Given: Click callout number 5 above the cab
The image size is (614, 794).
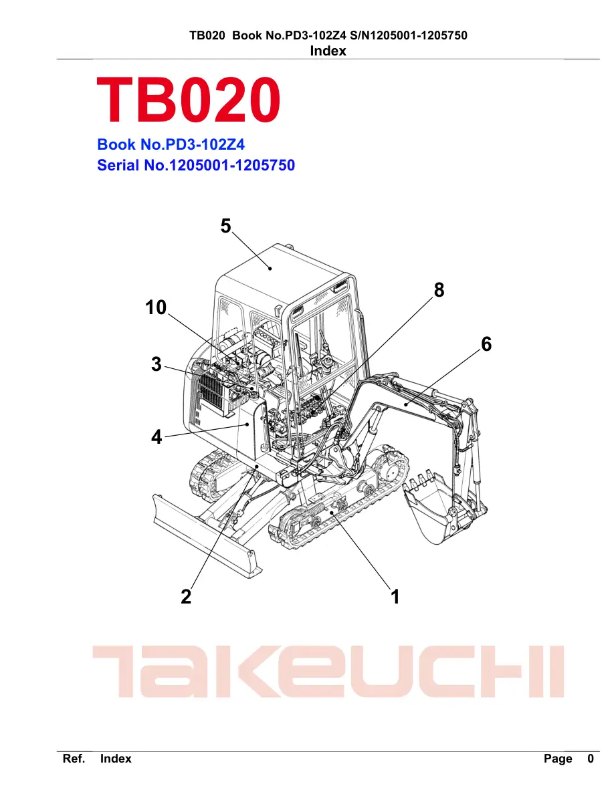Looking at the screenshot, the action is pyautogui.click(x=225, y=226).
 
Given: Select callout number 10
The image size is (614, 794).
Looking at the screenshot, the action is pyautogui.click(x=156, y=307).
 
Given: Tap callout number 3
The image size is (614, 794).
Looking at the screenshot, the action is pyautogui.click(x=157, y=364).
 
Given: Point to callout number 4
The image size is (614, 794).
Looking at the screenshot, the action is pyautogui.click(x=157, y=437).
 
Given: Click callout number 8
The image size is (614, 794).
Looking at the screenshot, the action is pyautogui.click(x=439, y=290).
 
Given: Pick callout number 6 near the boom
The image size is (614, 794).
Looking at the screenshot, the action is pyautogui.click(x=486, y=344).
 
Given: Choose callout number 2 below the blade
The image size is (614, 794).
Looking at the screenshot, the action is pyautogui.click(x=186, y=597).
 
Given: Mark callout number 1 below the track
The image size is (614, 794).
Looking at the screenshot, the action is pyautogui.click(x=395, y=597).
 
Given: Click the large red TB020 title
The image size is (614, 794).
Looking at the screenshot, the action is pyautogui.click(x=188, y=99).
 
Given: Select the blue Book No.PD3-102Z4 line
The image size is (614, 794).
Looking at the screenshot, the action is pyautogui.click(x=171, y=144).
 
